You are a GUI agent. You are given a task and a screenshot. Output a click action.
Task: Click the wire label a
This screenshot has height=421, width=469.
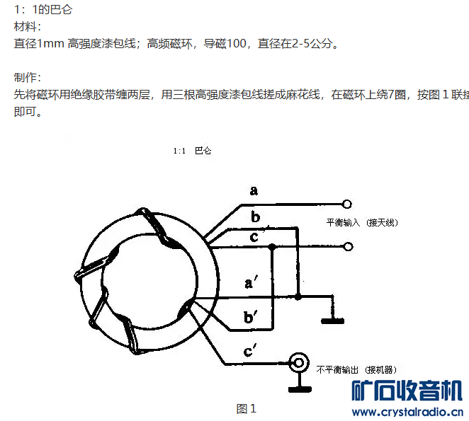pyautogui.click(x=254, y=190)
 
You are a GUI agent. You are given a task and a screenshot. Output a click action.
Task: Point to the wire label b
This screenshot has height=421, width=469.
pyautogui.click(x=255, y=217)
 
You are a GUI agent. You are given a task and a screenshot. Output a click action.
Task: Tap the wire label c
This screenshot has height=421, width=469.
pyautogui.click(x=254, y=236)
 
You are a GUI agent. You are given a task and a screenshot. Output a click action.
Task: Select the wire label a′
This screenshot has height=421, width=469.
pyautogui.click(x=249, y=283)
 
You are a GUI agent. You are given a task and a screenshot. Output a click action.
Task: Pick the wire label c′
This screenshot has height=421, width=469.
pyautogui.click(x=250, y=350)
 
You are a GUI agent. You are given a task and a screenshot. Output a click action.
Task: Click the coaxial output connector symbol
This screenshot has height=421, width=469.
pyautogui.click(x=300, y=363)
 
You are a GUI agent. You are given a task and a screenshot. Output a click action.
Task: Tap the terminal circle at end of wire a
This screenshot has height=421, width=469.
pyautogui.click(x=347, y=204)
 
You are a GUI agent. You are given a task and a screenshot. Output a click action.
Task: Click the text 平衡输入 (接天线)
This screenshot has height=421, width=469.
pyautogui.click(x=362, y=222)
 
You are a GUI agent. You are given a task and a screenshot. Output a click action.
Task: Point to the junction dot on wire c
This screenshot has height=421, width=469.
pyautogui.click(x=272, y=247)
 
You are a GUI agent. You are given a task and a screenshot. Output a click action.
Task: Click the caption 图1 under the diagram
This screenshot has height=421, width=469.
pyautogui.click(x=246, y=409)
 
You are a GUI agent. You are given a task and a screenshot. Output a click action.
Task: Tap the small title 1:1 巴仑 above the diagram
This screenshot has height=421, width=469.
pyautogui.click(x=192, y=151)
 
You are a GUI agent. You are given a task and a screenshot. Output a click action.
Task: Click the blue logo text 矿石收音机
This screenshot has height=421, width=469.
pyautogui.click(x=407, y=391)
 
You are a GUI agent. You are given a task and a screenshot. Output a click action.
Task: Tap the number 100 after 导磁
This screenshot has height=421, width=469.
pyautogui.click(x=237, y=44)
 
